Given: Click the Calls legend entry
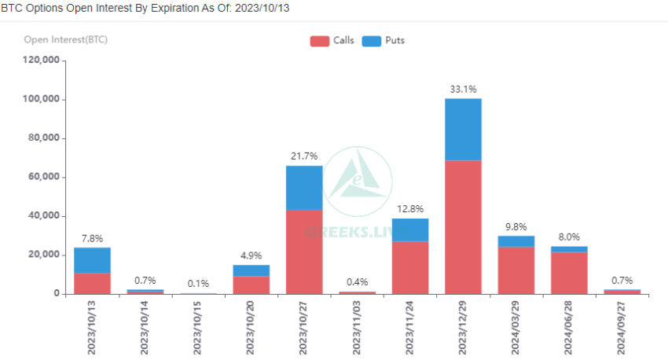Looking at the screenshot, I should coord(332,40).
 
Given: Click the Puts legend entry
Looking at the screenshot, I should coord(384,40).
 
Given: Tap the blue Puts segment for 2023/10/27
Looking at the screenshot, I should coord(304,187).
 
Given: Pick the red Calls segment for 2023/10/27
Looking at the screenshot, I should coord(304,252).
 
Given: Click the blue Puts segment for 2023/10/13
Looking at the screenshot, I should coord(92,260).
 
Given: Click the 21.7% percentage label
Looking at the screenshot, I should coord(304,156).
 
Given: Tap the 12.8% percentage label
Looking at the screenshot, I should coord(410,209).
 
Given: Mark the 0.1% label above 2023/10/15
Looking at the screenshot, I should coord(198,284).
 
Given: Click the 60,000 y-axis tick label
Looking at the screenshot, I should coord(42,177).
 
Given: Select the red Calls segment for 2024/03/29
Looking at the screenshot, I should coord(516,270).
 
